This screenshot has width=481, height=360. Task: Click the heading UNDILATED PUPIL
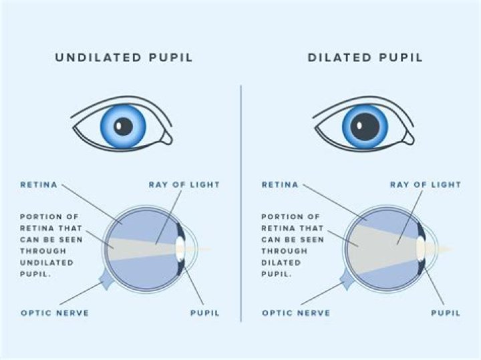124,57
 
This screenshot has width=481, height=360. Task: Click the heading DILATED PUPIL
365,57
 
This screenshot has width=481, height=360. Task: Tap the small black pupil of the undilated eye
124,125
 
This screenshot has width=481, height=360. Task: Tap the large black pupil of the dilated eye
365,125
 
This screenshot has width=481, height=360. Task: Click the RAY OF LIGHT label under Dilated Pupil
426,184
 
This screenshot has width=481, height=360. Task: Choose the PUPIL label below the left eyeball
204,313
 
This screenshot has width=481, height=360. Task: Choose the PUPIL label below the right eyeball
446,313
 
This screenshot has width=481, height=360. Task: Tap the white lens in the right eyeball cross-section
421,249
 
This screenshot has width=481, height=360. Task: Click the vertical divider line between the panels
240,200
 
